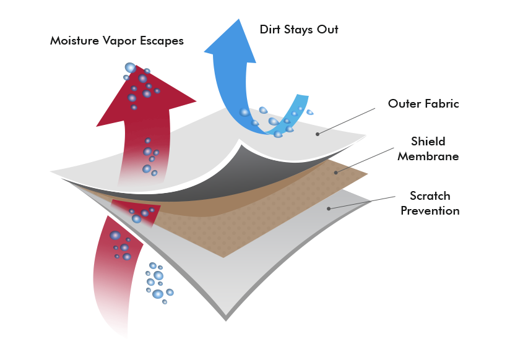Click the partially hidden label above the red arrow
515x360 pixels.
(117, 41)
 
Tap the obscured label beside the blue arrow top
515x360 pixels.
(298, 30)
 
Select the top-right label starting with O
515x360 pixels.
(423, 103)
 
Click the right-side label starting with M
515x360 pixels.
(428, 156)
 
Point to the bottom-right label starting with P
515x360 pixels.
(430, 211)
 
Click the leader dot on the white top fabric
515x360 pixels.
(318, 134)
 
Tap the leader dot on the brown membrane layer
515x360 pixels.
(336, 172)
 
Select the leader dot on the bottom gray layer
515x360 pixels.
(329, 208)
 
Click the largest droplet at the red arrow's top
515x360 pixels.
(131, 67)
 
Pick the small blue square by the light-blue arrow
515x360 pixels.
(309, 112)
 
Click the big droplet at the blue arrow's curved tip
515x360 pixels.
(245, 112)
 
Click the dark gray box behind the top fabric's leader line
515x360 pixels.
(347, 120)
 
